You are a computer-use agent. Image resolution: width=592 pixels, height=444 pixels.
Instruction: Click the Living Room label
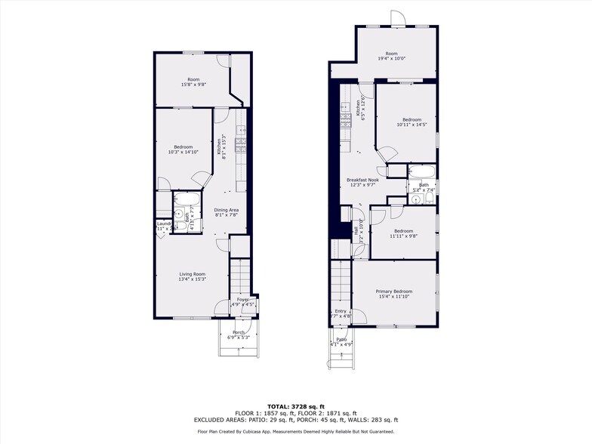pos(193,276)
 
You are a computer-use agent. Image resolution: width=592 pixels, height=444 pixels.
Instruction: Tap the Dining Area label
pos(227,212)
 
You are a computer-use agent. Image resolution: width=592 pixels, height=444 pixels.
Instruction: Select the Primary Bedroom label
pos(394,294)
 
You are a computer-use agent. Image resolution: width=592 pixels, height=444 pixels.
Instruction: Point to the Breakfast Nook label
pos(363,182)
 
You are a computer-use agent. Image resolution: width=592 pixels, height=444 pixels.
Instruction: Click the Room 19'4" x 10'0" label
pos(391,56)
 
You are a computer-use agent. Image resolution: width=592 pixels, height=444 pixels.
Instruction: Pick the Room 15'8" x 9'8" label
pos(193,82)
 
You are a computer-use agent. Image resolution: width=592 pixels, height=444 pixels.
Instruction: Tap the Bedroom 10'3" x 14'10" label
pos(183,150)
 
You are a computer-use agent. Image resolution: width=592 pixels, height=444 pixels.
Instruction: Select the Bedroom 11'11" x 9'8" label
pos(402,233)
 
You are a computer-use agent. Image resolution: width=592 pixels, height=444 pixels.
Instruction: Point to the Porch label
pos(238,335)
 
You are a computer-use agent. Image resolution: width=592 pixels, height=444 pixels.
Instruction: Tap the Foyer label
pos(243,302)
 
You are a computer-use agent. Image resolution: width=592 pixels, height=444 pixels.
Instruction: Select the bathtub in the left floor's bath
pos(187,199)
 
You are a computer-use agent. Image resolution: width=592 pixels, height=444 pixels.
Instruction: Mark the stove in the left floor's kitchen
pos(241,145)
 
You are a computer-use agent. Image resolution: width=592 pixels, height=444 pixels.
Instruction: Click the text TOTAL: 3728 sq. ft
pos(296,406)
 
